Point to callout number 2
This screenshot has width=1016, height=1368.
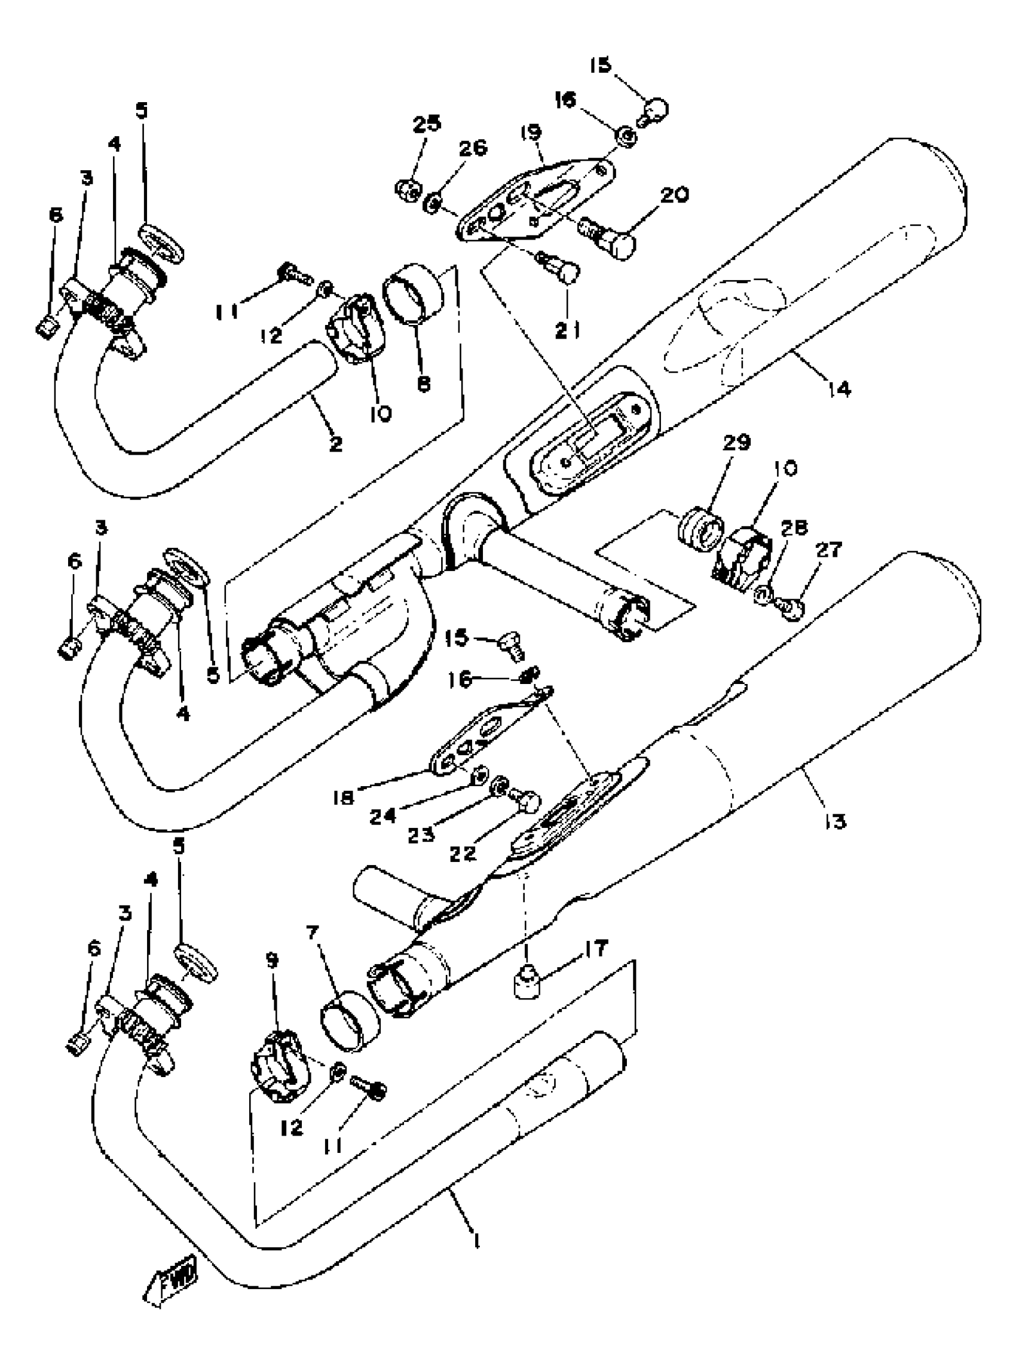[x=335, y=443]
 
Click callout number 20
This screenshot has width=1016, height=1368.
[x=675, y=195]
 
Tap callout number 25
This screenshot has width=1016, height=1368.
[x=426, y=123]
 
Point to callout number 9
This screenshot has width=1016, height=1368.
[x=272, y=960]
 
